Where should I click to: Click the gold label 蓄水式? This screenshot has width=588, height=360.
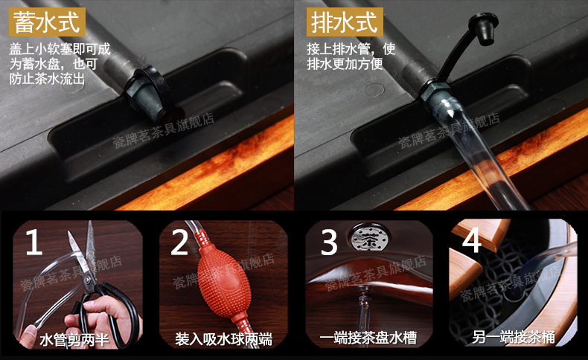click(x=47, y=22)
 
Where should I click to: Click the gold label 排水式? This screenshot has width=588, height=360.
click(x=345, y=22)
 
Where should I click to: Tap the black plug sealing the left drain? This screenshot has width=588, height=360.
click(x=150, y=94)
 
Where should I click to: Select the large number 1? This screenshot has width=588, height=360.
click(x=33, y=242)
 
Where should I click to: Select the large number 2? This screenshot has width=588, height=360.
click(x=179, y=242)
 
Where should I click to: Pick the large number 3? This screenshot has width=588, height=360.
click(x=329, y=242)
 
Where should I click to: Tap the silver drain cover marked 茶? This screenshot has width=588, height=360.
click(x=370, y=239)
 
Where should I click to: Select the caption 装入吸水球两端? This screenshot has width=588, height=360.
click(x=223, y=339)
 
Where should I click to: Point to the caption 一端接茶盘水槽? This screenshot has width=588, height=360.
click(x=368, y=338)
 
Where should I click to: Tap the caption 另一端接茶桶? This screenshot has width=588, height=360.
click(x=513, y=337)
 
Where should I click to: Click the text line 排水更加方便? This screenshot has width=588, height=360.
click(x=345, y=64)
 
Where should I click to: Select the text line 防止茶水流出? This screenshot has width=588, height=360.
click(x=47, y=79)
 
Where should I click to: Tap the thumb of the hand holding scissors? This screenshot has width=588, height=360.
click(x=77, y=322)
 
